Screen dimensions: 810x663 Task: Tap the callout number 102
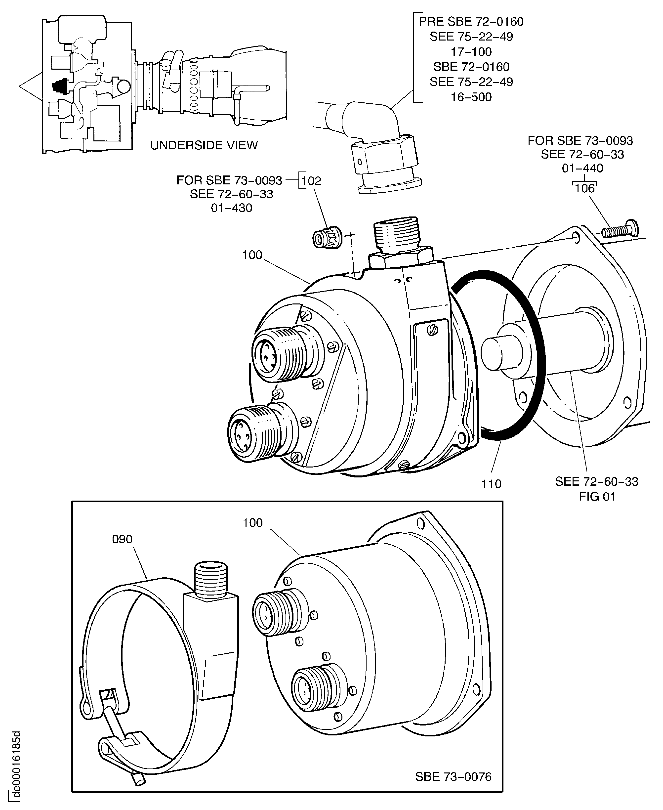click(x=311, y=181)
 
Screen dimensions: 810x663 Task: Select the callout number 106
click(x=584, y=188)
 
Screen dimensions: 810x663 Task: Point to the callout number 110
click(x=491, y=484)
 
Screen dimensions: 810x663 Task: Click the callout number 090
click(x=122, y=539)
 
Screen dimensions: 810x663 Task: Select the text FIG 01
click(x=597, y=497)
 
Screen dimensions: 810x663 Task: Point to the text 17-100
click(x=471, y=51)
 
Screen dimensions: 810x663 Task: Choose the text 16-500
click(x=471, y=97)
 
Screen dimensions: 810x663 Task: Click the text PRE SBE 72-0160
click(x=471, y=21)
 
